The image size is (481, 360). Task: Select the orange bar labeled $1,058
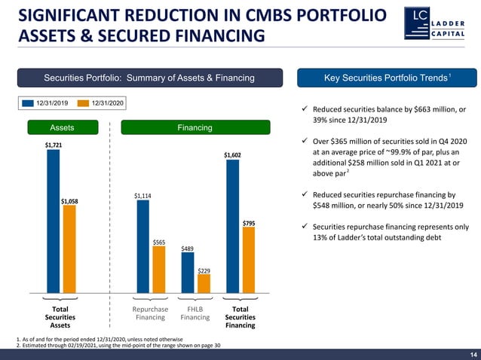(x=69, y=249)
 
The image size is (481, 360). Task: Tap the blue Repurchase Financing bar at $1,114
(x=142, y=246)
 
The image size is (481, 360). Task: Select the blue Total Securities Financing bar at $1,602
(x=232, y=225)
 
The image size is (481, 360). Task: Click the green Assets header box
(x=62, y=128)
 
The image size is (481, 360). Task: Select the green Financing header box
(x=195, y=128)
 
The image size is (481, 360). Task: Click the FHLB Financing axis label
(x=195, y=313)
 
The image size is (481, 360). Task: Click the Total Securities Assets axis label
(x=60, y=317)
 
